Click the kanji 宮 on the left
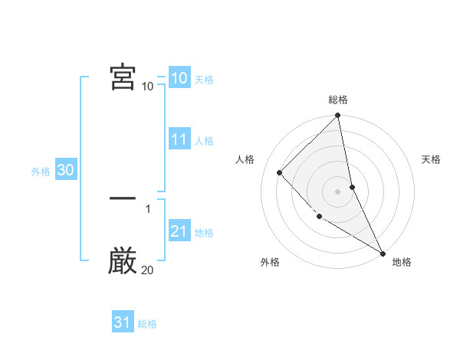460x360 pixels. click(123, 77)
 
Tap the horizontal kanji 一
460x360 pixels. click(123, 198)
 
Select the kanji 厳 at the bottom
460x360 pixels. click(123, 261)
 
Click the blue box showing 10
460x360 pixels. click(179, 78)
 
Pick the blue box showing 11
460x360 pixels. click(179, 139)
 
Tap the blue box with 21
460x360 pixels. click(179, 231)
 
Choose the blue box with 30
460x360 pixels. click(65, 170)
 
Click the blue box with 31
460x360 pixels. click(122, 322)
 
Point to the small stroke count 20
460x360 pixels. click(147, 270)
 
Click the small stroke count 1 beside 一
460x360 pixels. click(147, 208)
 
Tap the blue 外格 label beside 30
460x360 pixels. click(41, 172)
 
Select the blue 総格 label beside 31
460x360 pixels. click(147, 324)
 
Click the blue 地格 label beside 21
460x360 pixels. click(204, 233)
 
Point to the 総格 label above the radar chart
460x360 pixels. click(338, 100)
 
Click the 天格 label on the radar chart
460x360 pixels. click(431, 159)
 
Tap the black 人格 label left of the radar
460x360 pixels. click(245, 159)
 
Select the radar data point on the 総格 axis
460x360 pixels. click(338, 116)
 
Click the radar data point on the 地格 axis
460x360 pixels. click(383, 253)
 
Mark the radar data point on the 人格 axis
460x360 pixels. click(280, 172)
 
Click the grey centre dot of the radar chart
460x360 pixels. click(338, 191)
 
